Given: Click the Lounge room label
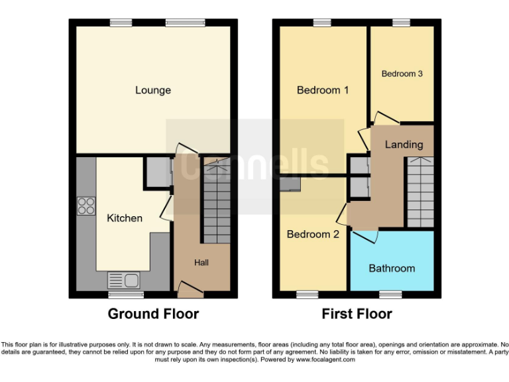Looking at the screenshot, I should click(153, 90).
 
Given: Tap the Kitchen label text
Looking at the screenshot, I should click(125, 218).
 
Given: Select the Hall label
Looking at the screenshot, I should click(201, 263).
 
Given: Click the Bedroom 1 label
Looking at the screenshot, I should click(323, 90).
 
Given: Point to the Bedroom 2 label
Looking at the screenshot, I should click(313, 234).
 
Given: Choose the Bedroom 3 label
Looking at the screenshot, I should click(402, 74).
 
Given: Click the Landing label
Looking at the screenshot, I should click(404, 145).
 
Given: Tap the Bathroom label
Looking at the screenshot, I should click(392, 269).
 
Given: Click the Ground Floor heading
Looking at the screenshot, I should click(153, 314).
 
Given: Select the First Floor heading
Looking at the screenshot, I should click(357, 314).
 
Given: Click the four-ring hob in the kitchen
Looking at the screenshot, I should click(86, 206).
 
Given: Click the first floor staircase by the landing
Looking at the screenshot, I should click(420, 192).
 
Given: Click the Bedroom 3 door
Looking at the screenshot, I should click(385, 119).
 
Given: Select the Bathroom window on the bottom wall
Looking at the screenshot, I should click(390, 294).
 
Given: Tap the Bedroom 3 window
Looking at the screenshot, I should click(401, 23).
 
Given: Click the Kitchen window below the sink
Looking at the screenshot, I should click(126, 294).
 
